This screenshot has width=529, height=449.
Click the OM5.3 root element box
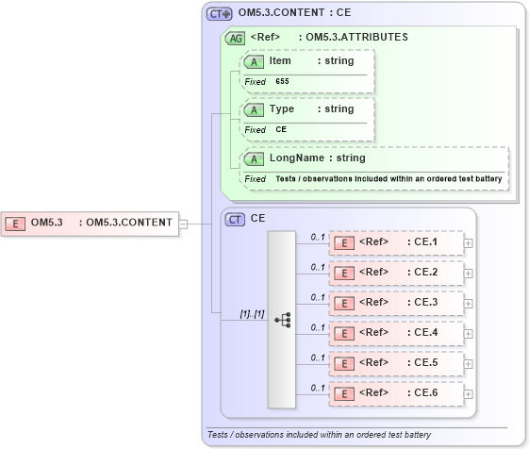(91, 224)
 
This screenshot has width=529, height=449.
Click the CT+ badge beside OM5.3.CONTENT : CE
(219, 14)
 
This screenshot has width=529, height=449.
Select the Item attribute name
(280, 61)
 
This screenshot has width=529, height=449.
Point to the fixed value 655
(282, 82)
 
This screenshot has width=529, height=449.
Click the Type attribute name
(282, 108)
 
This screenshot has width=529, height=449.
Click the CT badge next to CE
(235, 218)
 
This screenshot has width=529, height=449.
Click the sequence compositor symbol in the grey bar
(282, 320)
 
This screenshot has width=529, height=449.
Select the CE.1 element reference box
(395, 242)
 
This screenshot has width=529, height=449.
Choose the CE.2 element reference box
(395, 273)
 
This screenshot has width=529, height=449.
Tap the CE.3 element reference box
(395, 303)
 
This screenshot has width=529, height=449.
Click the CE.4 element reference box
(395, 333)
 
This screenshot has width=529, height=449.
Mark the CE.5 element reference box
(395, 363)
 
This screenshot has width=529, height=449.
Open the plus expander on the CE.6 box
(469, 393)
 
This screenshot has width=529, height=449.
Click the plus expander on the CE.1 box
(469, 242)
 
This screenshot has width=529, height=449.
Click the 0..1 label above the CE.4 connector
(319, 327)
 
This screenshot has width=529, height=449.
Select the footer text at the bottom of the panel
(319, 435)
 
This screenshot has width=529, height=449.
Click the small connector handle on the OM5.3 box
(184, 224)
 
